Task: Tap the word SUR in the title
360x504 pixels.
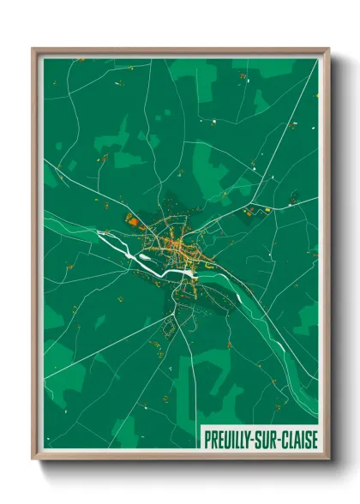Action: pos(269,439)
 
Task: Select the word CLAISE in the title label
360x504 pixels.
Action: pos(300,439)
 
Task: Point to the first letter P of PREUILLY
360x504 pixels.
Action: pos(207,439)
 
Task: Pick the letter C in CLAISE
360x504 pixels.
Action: pos(285,439)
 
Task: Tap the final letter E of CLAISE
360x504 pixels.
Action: pos(315,439)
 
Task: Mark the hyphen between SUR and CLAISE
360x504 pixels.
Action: pos(280,440)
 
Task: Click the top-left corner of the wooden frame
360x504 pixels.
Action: pos(33,49)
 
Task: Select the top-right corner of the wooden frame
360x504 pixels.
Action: pos(328,49)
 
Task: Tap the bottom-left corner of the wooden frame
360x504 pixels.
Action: pos(33,459)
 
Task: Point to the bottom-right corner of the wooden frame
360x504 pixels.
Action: pos(328,459)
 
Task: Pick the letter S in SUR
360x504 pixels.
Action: pos(263,439)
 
